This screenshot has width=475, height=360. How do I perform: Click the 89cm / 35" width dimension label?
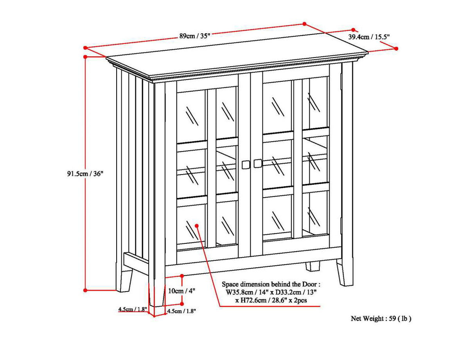point(195,36)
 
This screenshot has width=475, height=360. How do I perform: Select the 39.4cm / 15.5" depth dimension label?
point(369,37)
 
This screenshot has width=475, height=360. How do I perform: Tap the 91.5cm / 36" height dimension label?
point(85,174)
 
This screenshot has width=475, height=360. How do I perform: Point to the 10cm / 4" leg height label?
point(181,291)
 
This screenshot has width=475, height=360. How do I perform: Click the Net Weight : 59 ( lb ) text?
point(381,319)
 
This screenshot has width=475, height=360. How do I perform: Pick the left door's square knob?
point(245,164)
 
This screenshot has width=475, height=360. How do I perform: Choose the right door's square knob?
point(257,164)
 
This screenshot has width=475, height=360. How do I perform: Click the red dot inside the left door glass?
point(196,225)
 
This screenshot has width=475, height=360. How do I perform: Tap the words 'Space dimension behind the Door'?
point(272,284)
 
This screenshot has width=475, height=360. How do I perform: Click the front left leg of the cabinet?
point(157,290)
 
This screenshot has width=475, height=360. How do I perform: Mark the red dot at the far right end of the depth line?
point(396,49)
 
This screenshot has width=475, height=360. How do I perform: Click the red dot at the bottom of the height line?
point(85,290)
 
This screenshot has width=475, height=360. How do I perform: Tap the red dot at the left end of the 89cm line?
point(85,48)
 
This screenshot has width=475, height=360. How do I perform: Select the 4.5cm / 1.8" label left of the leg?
point(133,310)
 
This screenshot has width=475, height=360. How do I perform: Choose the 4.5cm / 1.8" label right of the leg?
point(181,311)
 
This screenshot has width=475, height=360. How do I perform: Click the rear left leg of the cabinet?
point(126,280)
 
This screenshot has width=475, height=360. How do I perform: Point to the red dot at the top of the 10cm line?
point(182,276)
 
